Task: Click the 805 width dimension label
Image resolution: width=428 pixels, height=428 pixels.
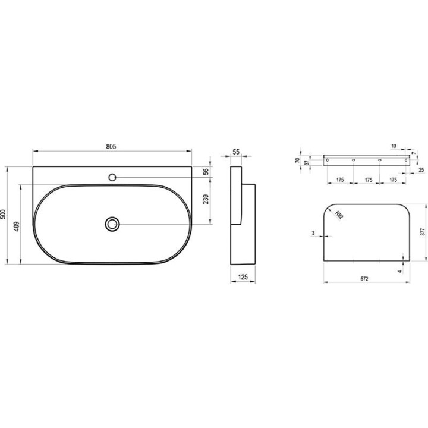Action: (111, 147)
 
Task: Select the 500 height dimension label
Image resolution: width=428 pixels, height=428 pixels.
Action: (3, 214)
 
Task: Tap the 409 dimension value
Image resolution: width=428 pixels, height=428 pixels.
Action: (17, 226)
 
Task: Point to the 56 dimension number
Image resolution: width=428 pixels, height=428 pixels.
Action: (206, 171)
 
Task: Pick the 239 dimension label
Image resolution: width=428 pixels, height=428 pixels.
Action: (206, 199)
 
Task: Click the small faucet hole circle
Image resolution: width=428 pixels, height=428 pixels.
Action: (112, 177)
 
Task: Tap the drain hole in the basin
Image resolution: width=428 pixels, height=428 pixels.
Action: (112, 224)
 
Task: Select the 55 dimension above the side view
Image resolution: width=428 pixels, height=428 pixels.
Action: (236, 152)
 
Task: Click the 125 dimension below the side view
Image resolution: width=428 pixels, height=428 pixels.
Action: (243, 277)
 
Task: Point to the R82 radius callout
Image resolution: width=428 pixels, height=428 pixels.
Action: (339, 215)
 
